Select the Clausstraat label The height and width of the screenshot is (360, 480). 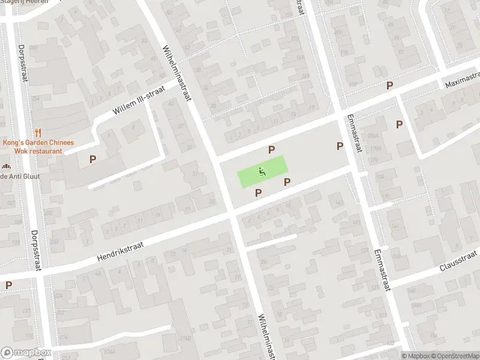click(458, 261)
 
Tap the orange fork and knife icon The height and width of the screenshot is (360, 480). click(38, 133)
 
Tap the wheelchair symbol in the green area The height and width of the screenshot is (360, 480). click(262, 172)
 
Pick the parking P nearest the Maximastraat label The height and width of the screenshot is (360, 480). click(390, 86)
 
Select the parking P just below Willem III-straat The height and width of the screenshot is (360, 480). click(93, 159)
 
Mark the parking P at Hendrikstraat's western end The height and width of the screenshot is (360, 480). click(8, 285)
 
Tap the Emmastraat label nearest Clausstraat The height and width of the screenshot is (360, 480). click(382, 270)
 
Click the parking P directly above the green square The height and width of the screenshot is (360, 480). click(271, 149)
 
